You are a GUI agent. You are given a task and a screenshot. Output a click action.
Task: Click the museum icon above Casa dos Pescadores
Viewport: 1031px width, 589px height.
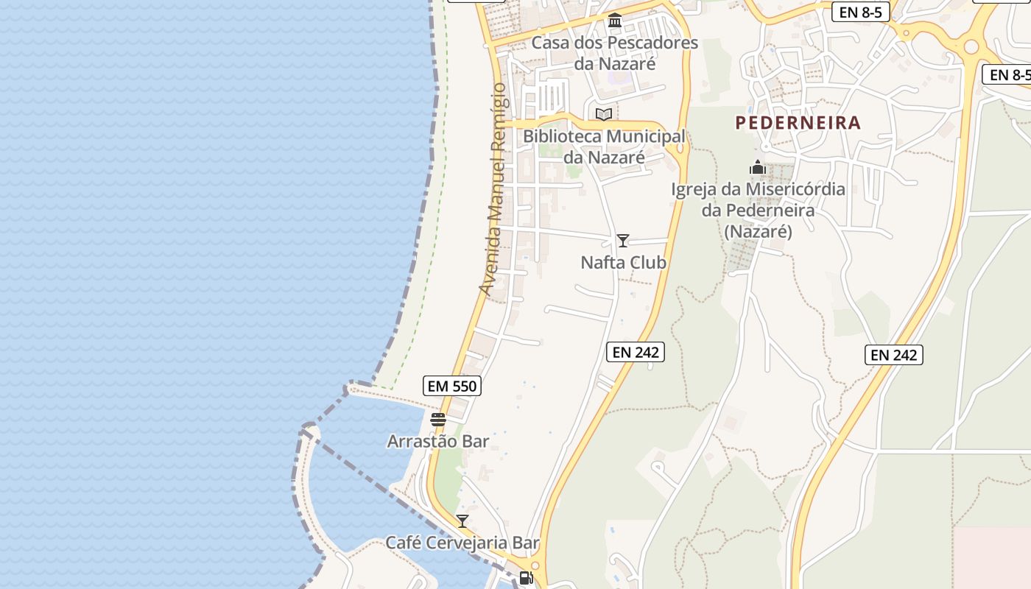pos(615,21)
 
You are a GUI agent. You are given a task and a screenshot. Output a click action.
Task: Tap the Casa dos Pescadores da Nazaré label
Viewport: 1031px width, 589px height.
pos(615,53)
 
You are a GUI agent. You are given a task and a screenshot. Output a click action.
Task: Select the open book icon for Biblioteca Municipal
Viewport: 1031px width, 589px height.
pos(604,114)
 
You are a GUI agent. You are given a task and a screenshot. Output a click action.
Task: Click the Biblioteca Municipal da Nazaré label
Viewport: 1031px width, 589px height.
pos(604,147)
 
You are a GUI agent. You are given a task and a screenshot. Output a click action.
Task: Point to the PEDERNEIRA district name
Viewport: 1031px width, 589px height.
pos(798,123)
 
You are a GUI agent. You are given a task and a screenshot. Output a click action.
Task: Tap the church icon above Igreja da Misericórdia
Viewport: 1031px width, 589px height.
pos(758,168)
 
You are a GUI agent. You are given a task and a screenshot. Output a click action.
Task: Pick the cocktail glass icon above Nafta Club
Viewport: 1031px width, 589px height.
pos(623,241)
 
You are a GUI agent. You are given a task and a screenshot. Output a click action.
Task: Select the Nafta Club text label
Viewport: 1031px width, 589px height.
pos(623,262)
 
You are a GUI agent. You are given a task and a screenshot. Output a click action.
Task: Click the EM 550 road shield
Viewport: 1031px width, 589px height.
pos(452,386)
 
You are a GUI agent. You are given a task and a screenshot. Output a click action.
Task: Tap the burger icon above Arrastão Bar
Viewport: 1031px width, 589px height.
pos(438,420)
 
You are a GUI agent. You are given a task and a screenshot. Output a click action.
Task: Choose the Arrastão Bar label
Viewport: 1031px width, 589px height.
pos(438,441)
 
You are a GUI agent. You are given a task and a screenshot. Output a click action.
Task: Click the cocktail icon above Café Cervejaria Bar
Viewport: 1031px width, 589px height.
pos(462,521)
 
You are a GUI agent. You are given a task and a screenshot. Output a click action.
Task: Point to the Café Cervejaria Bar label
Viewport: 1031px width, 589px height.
pos(462,543)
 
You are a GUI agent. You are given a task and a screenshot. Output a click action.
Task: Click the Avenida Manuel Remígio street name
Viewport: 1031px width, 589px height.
pos(492,189)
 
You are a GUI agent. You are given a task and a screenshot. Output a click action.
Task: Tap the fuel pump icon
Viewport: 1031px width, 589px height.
pos(526,578)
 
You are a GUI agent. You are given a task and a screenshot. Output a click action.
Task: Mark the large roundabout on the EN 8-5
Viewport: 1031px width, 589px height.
pos(971,47)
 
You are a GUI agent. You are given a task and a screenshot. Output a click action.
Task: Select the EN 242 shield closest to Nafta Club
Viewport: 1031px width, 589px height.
pos(636,352)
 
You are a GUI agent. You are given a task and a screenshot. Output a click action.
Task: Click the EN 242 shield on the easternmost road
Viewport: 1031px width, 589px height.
pos(893,355)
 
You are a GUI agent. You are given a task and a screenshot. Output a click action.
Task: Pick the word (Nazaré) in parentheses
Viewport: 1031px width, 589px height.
pos(758,231)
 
